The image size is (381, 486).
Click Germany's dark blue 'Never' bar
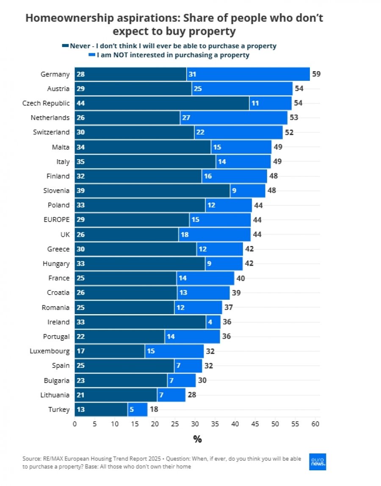click(130, 74)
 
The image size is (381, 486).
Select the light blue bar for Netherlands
click(234, 117)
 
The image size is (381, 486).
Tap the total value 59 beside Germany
click(316, 74)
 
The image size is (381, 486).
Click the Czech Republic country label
click(46, 103)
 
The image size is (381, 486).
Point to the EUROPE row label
click(56, 219)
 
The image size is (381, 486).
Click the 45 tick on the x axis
click(255, 424)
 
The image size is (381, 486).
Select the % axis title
click(197, 439)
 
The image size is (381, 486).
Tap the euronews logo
click(317, 462)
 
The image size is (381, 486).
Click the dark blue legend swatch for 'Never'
click(65, 46)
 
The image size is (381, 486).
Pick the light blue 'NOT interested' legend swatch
click(92, 55)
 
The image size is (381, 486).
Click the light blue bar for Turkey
click(137, 409)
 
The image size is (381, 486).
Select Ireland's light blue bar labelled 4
click(213, 322)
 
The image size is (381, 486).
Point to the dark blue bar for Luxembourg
click(110, 351)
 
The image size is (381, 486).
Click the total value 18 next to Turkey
click(154, 409)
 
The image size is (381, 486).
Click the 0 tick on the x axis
click(75, 424)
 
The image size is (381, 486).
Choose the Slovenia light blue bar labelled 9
click(248, 191)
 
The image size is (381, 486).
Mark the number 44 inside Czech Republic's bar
click(80, 103)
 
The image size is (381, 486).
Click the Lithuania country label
click(55, 395)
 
